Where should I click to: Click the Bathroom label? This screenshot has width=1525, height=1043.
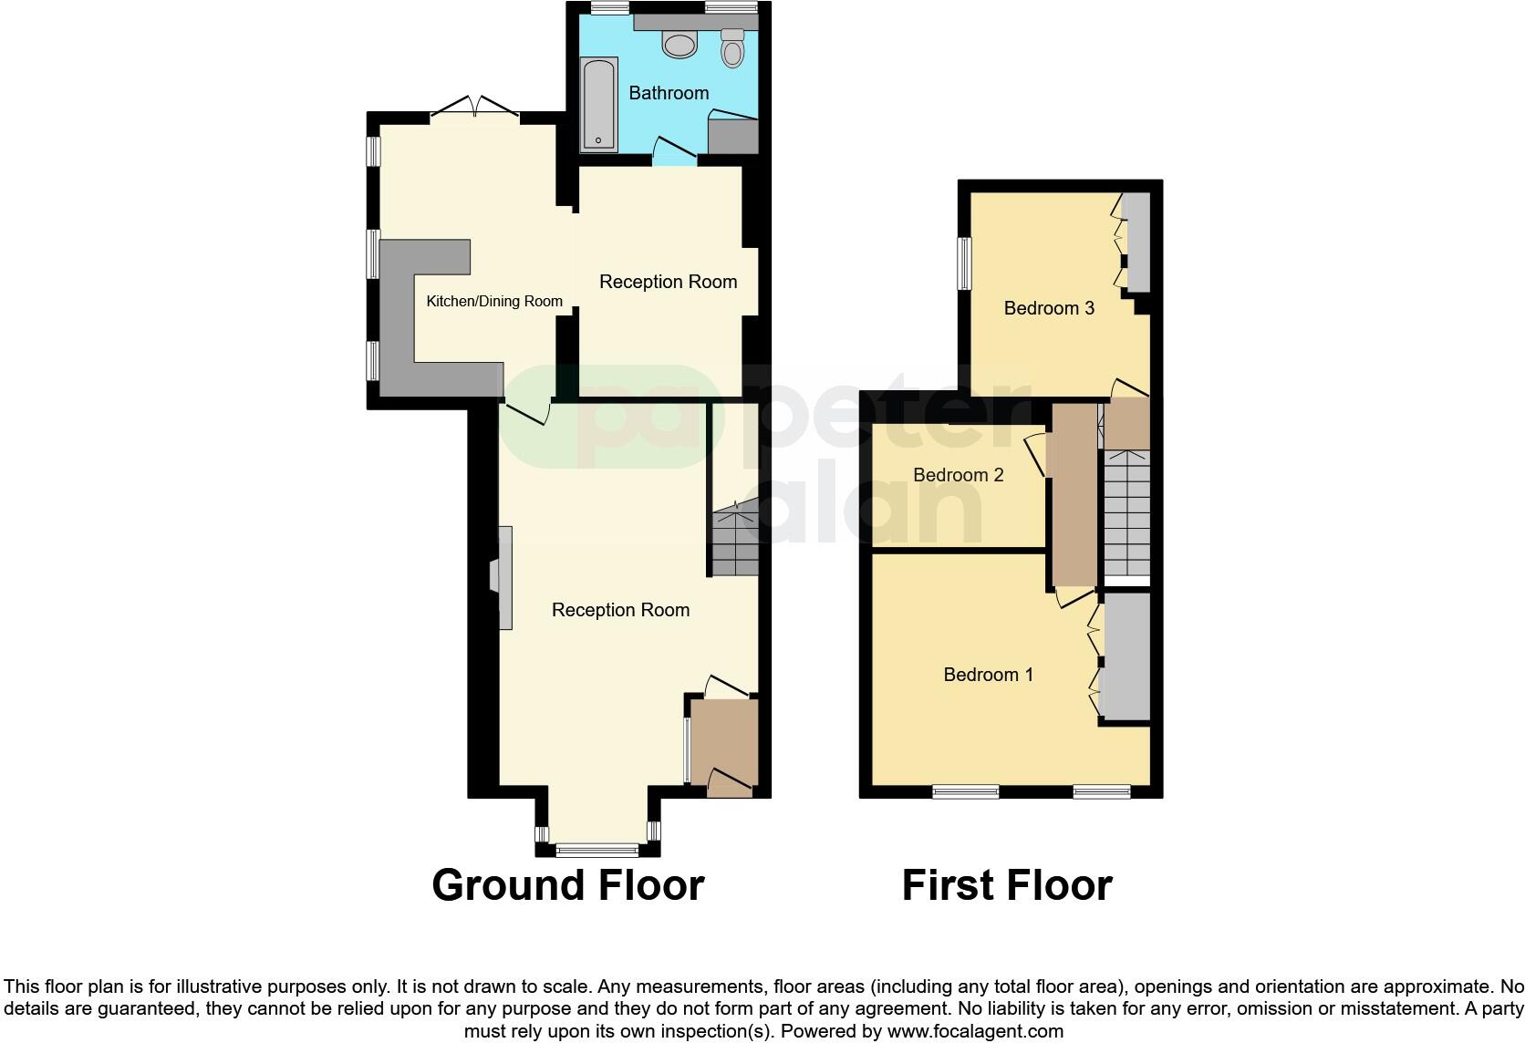pyautogui.click(x=669, y=93)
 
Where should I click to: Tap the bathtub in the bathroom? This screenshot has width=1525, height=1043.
pyautogui.click(x=598, y=104)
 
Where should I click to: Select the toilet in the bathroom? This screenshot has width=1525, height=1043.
pyautogui.click(x=731, y=49)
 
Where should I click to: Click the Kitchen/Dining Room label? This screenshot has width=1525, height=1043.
pyautogui.click(x=494, y=302)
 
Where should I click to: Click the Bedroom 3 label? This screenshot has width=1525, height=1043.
pyautogui.click(x=1049, y=308)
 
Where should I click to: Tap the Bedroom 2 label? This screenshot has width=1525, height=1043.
pyautogui.click(x=958, y=475)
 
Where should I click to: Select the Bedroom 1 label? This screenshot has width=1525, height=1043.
pyautogui.click(x=988, y=675)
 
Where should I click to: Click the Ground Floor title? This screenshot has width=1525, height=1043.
pyautogui.click(x=567, y=885)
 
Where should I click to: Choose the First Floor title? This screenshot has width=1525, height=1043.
pyautogui.click(x=1006, y=885)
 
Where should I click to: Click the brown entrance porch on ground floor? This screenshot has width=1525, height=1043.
pyautogui.click(x=723, y=743)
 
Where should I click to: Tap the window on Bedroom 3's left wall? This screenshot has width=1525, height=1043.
pyautogui.click(x=964, y=263)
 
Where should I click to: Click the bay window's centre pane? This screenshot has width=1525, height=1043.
pyautogui.click(x=597, y=850)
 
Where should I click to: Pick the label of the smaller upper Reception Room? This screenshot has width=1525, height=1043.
pyautogui.click(x=668, y=283)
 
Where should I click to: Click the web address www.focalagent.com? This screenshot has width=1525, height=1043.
pyautogui.click(x=975, y=1032)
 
